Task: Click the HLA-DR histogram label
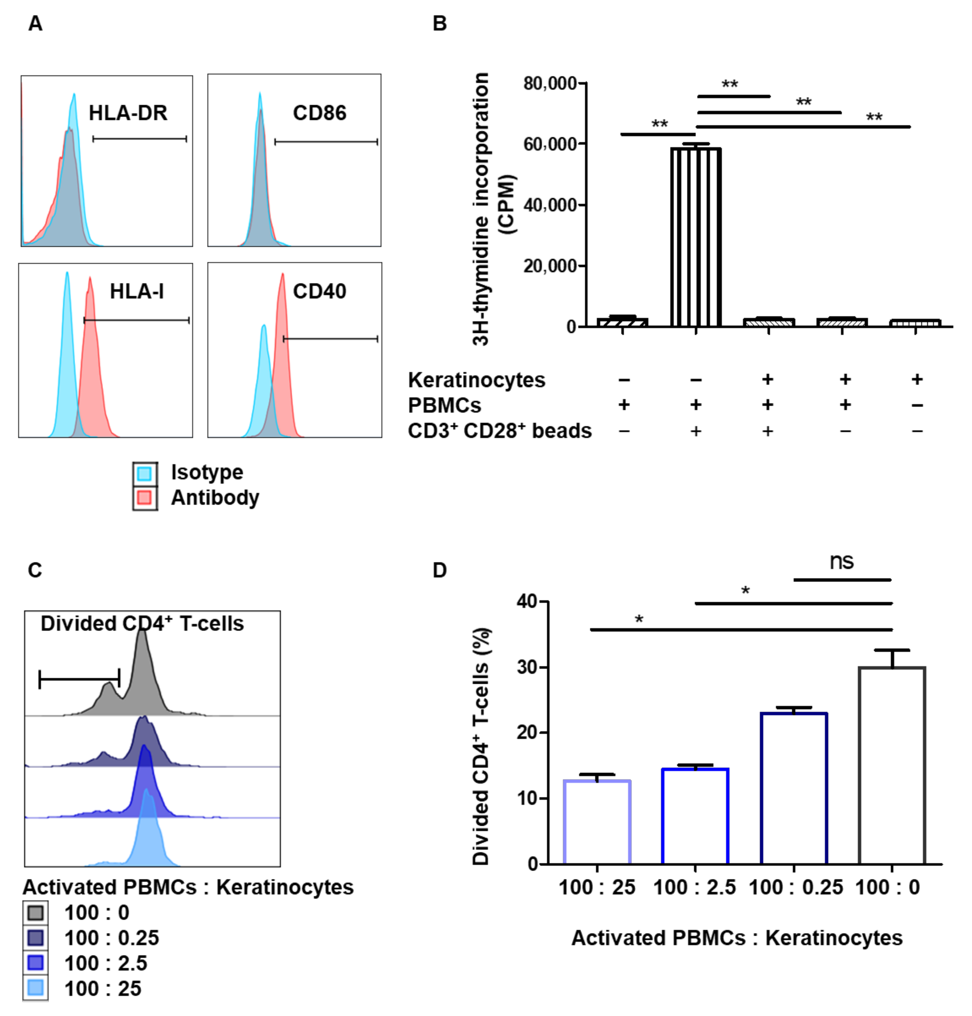click(x=128, y=113)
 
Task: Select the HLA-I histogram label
click(x=137, y=292)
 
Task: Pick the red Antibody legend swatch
click(x=145, y=498)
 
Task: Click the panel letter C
click(x=35, y=570)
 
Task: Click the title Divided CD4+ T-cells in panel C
click(x=142, y=624)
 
